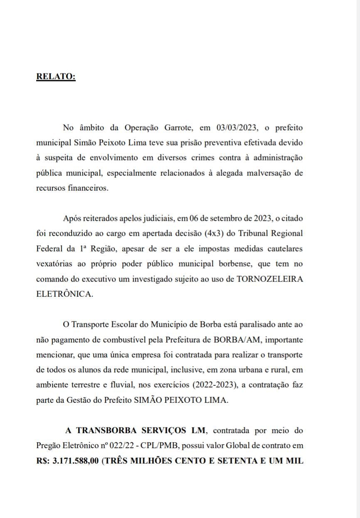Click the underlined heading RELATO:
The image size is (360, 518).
point(56,77)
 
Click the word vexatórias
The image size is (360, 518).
point(57,264)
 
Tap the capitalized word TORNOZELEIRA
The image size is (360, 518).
point(270,279)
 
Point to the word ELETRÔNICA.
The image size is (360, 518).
point(63,294)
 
